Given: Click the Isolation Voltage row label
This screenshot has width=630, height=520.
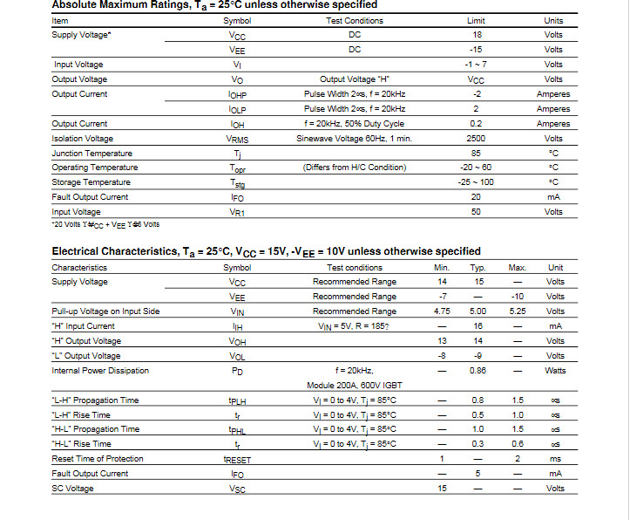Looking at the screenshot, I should pos(83,138).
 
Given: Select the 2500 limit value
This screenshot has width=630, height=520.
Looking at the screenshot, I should pos(476,138).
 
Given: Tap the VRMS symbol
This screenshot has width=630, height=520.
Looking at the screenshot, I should pos(237,139).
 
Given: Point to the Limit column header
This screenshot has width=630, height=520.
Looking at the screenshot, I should pos(476,20).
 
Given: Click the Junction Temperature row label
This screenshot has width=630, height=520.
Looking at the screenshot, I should pos(91,153).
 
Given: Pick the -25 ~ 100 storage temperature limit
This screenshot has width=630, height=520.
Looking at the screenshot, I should pos(476,181).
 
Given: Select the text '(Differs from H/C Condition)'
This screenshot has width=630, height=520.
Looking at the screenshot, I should pos(355,168).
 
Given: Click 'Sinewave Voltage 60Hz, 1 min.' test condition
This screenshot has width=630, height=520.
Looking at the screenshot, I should pos(355,138).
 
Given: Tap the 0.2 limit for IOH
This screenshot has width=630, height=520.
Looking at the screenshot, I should pos(477,123).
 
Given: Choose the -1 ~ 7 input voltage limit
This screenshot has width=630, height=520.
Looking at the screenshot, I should pos(476,65).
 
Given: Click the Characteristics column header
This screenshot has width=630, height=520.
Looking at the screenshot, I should pos(79,267).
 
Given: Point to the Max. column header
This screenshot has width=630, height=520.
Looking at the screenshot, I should pos(517,267).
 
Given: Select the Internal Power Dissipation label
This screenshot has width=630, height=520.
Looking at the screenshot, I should pos(100,370).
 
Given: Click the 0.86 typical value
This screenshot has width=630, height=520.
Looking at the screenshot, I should pos(478,370).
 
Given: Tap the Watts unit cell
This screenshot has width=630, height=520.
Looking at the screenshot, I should pos(555,370).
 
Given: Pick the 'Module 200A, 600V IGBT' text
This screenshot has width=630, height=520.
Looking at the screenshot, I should pos(355,385).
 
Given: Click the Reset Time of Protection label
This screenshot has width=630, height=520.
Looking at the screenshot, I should pos(98,458).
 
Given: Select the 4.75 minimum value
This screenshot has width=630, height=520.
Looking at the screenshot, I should pos(442,311).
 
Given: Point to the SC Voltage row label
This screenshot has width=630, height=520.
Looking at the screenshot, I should pos(73,488).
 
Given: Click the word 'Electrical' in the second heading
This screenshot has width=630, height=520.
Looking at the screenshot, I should pos(77,251).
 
